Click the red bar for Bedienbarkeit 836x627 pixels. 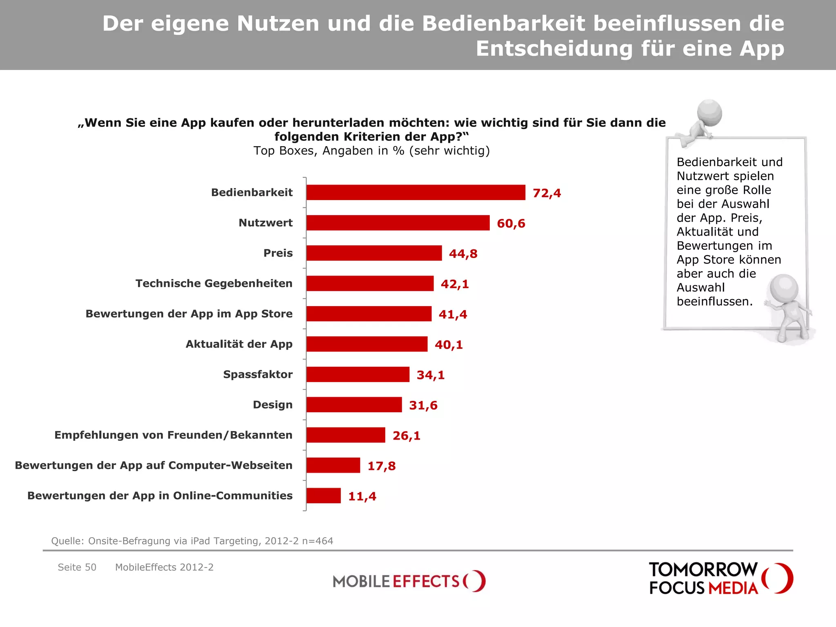tap(416, 192)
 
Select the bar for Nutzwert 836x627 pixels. tap(398, 223)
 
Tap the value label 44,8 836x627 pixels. tap(463, 253)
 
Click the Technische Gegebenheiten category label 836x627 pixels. tap(214, 283)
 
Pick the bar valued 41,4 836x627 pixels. tap(369, 314)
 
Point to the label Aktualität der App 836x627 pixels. tap(239, 344)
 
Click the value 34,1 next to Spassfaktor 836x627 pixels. tap(430, 375)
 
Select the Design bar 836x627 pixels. tap(354, 405)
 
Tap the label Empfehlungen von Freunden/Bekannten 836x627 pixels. tap(173, 435)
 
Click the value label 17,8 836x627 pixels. tap(381, 466)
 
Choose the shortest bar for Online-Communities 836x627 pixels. tap(323, 496)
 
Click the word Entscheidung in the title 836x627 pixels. tap(555, 49)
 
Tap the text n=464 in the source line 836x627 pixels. tap(318, 541)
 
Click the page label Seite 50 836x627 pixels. tap(77, 567)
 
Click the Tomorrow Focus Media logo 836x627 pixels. tap(720, 578)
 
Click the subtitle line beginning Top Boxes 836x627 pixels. tap(371, 151)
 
